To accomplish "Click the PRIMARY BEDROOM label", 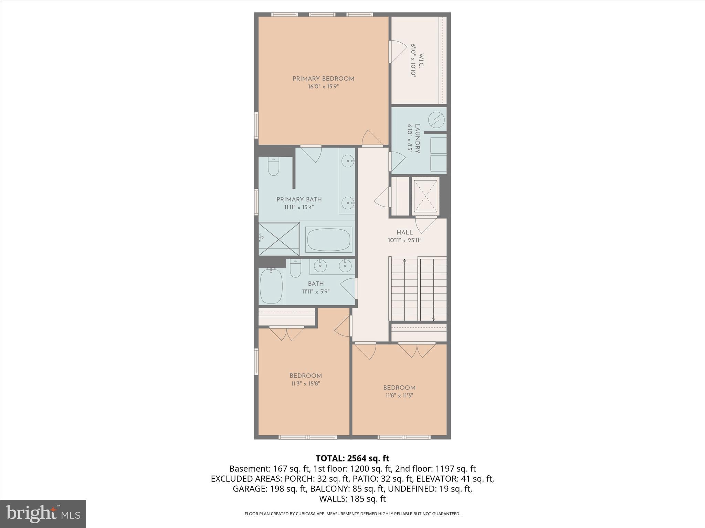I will [x=323, y=79].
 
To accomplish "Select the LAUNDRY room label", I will [x=417, y=139].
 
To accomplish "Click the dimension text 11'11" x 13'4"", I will [x=299, y=207].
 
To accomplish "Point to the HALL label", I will [x=404, y=232].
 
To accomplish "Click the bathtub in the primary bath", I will [x=329, y=239].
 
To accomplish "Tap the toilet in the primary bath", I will [x=273, y=167].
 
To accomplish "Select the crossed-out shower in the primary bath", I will [x=279, y=239].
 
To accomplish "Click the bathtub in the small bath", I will [x=271, y=286].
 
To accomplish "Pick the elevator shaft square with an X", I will [x=425, y=196].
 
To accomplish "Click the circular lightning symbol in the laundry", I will [x=436, y=120].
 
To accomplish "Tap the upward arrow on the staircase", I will [x=404, y=261].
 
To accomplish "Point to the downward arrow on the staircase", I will [x=433, y=319].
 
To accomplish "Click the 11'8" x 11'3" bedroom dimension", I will [x=399, y=396].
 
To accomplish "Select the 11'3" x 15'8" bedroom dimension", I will [x=305, y=384].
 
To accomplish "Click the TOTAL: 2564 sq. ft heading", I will [x=352, y=458].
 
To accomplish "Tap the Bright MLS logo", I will [x=43, y=514].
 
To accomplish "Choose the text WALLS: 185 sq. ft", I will [x=352, y=498].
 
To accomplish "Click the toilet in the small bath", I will [x=295, y=268].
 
